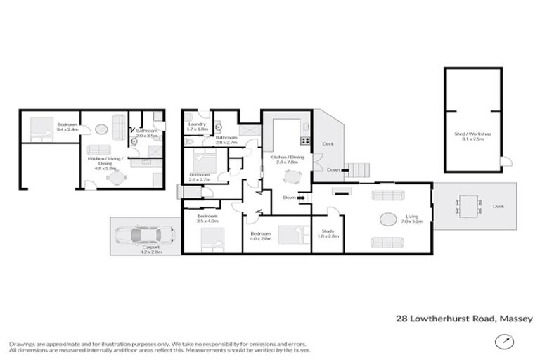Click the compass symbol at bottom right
pos(503,341)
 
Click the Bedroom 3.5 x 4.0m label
pos(207,218)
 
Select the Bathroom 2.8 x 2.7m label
pos(226,139)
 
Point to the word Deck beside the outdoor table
pos(498,207)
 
